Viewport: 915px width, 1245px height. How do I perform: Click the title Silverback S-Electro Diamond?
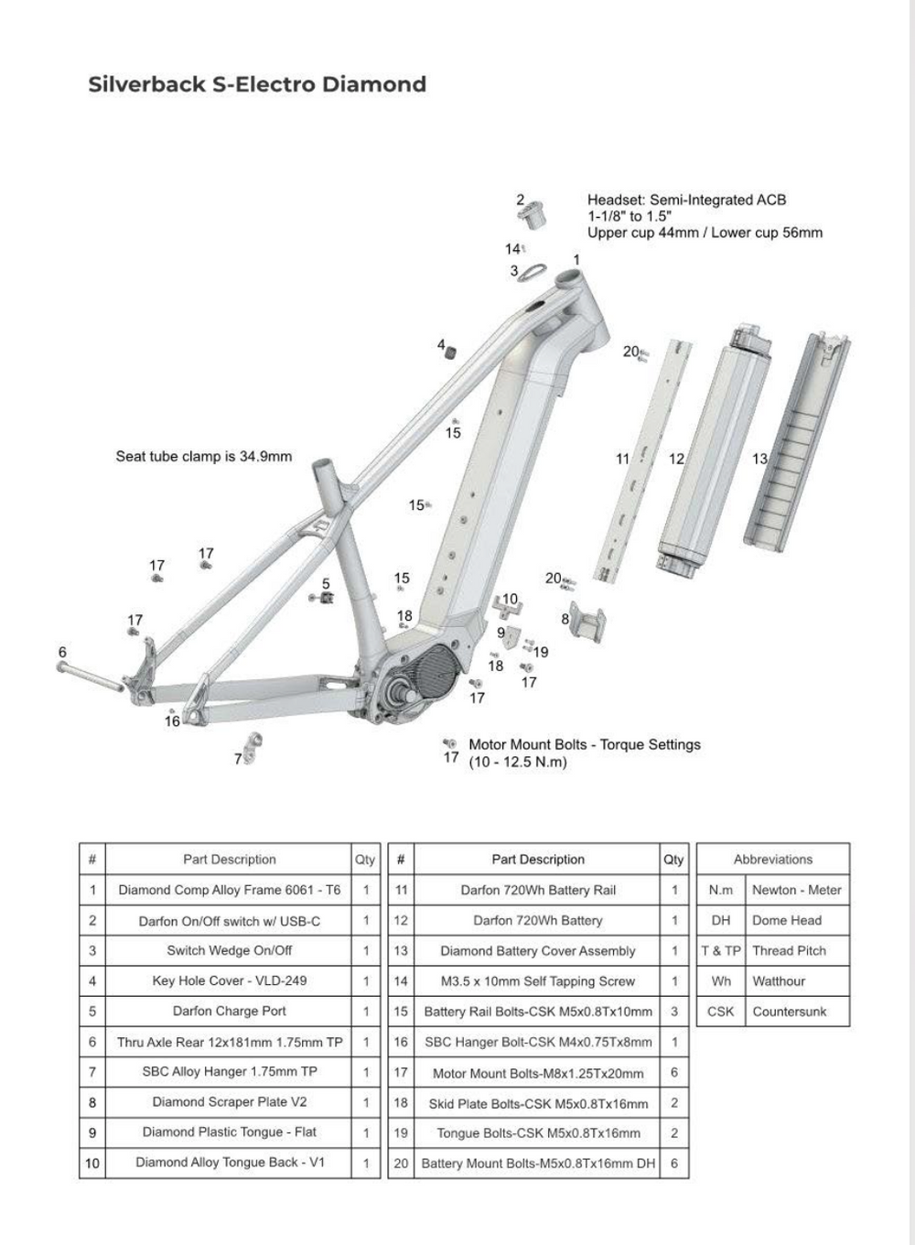pos(257,84)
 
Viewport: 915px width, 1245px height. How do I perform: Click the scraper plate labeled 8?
pos(587,623)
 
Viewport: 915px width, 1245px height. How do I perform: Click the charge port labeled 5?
pos(323,598)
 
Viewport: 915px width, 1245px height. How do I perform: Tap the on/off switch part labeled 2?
pos(531,212)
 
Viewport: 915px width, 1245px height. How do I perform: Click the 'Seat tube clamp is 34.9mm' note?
pos(203,456)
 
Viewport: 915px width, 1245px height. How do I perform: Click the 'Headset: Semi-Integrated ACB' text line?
pos(686,200)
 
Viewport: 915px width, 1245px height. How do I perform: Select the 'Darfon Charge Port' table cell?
pos(229,1011)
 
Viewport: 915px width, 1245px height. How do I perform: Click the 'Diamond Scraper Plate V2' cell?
pos(229,1101)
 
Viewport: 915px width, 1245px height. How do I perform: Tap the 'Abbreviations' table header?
pos(772,859)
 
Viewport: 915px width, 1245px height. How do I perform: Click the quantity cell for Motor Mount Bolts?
pos(673,1072)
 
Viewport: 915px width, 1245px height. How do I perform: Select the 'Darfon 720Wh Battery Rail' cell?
pos(537,890)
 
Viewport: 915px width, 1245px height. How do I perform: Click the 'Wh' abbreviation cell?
pos(721,980)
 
